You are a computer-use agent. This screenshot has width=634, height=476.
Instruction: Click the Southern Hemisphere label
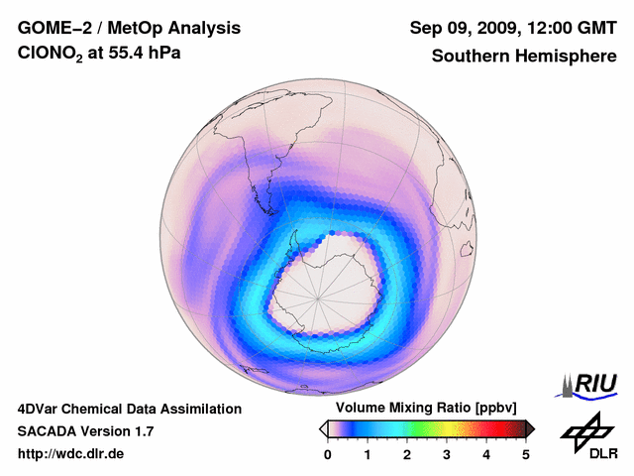[x=524, y=57]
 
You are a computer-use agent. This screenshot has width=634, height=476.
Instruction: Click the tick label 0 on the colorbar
[x=328, y=454]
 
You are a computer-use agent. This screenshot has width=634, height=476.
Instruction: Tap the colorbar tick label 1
[x=368, y=454]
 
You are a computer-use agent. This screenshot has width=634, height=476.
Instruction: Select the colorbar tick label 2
[x=407, y=454]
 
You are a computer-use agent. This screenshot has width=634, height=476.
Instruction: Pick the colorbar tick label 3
[x=447, y=454]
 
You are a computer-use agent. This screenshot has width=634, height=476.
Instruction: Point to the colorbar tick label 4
[x=486, y=454]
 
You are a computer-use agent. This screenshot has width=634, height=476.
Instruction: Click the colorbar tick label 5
[x=526, y=454]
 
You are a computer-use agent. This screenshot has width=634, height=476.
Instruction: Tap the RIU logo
[x=590, y=383]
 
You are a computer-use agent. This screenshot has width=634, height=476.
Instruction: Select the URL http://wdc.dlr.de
[x=71, y=454]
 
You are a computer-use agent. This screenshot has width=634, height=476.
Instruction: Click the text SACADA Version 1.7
[x=85, y=431]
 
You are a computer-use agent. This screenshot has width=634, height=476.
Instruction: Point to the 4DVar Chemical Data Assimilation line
[x=129, y=409]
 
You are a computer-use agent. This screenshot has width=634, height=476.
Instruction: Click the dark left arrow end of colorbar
[x=323, y=428]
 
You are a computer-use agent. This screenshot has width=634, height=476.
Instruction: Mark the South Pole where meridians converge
[x=319, y=295]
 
